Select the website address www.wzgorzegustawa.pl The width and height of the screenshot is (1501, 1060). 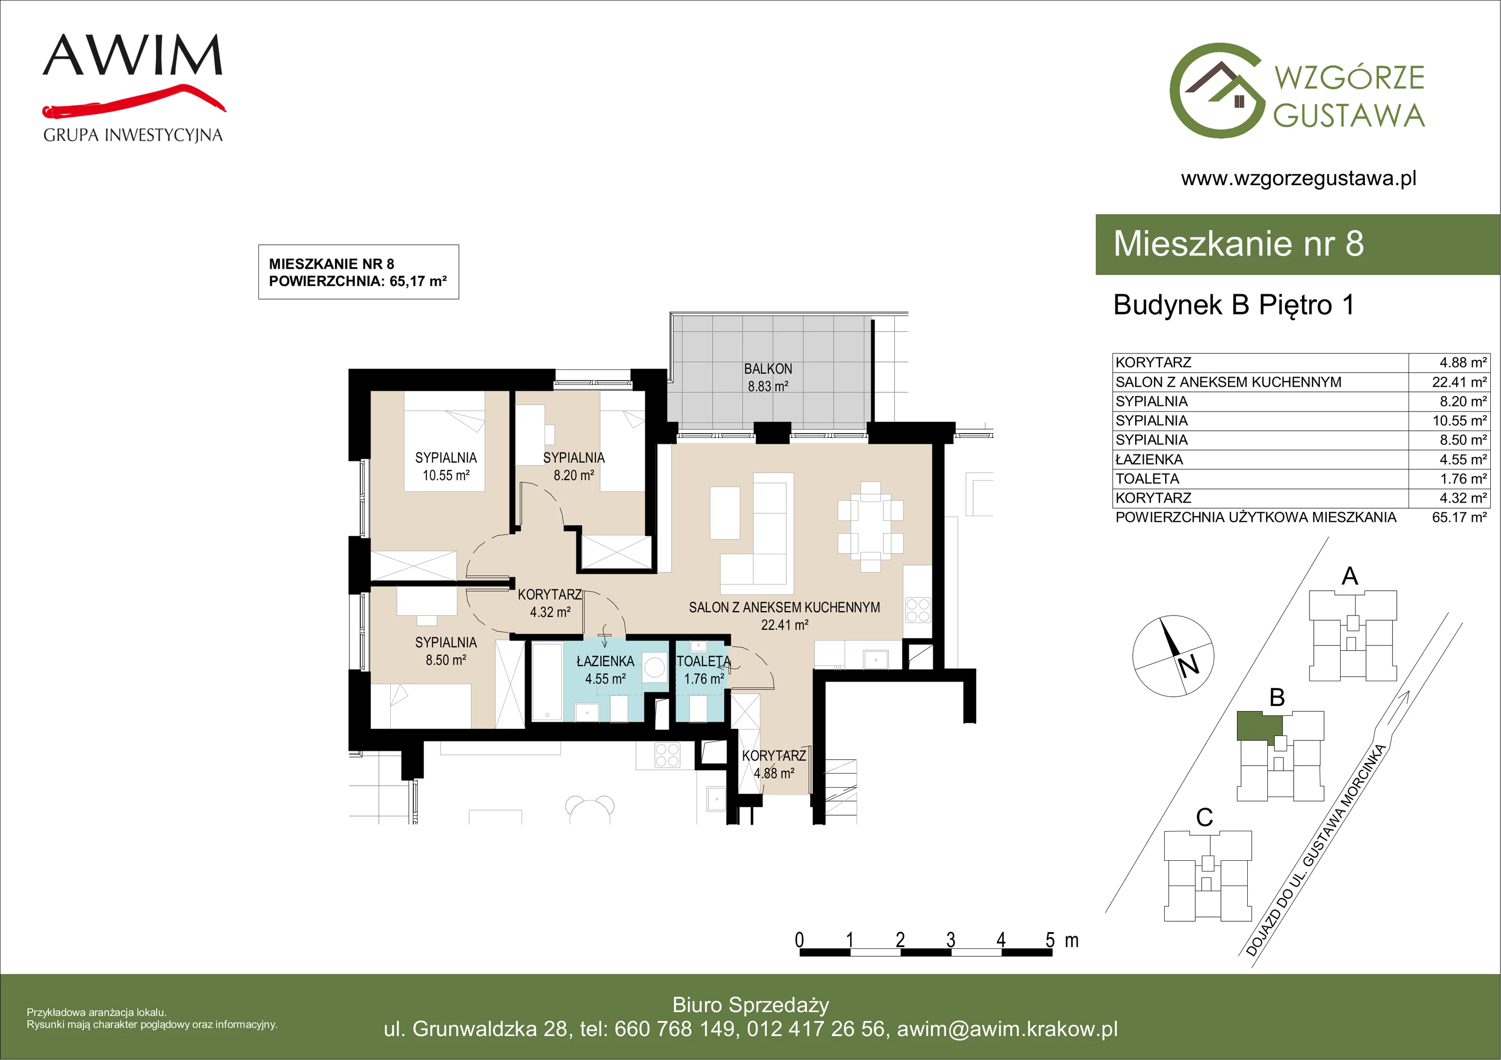1298,179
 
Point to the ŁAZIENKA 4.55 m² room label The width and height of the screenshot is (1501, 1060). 606,670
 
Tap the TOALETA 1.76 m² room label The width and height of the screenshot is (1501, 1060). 704,670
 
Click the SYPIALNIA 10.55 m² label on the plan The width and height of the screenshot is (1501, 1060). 446,466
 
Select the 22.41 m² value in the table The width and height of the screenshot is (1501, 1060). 1460,382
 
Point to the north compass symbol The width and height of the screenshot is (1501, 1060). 1174,655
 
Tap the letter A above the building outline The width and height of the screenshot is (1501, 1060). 1350,576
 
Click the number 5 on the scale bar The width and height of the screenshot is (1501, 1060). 1050,940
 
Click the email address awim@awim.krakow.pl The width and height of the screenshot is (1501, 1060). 1008,1029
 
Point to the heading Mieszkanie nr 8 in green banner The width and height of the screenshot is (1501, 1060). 1238,243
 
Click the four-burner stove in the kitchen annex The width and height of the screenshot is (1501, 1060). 918,610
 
